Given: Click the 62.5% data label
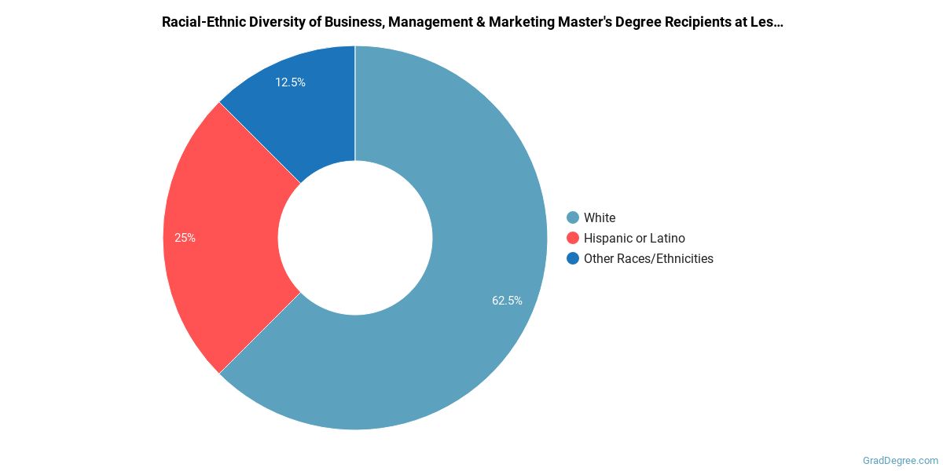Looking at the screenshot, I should [507, 300].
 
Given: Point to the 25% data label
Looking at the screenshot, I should [185, 238].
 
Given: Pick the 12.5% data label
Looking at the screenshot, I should [290, 82].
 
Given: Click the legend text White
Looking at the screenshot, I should [600, 217].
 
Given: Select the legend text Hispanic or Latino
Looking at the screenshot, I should [634, 238].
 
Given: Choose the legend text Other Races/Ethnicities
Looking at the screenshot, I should [648, 258].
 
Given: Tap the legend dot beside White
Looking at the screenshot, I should [573, 217].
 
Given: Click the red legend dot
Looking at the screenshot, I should [573, 238].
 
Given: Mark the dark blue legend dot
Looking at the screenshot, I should [573, 258].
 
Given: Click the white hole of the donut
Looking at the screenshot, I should [355, 238].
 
